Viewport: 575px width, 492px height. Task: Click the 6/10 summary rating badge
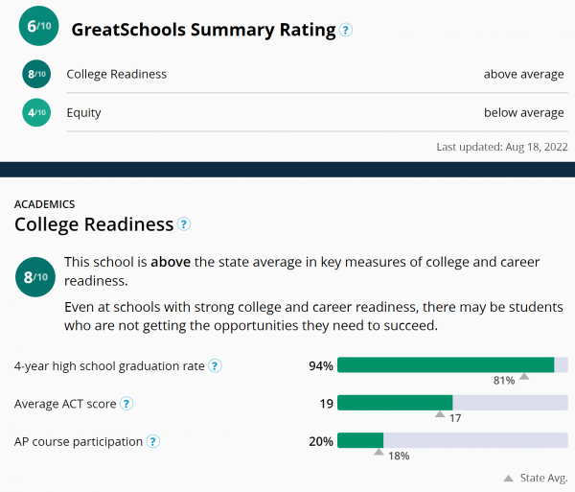[38, 28]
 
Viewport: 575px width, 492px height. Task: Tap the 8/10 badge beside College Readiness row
[36, 75]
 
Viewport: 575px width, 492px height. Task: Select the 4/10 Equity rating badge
[36, 113]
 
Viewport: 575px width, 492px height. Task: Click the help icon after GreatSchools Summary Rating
[346, 30]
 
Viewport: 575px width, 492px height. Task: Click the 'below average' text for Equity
[524, 113]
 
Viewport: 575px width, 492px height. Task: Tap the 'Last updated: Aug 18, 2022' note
[502, 147]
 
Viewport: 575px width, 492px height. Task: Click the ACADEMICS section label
[45, 204]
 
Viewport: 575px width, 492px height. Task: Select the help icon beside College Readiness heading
[184, 225]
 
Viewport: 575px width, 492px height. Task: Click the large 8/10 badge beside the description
[34, 279]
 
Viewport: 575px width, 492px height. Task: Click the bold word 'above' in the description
[170, 262]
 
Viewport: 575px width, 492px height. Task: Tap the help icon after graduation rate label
[216, 365]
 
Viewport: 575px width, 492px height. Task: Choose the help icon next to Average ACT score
[126, 404]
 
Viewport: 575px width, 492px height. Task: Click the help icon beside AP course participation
[152, 442]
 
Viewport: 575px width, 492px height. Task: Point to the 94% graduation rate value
[320, 365]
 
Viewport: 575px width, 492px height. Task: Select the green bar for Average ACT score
[395, 403]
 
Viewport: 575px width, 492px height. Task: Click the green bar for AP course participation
[360, 441]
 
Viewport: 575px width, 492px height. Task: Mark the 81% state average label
[504, 381]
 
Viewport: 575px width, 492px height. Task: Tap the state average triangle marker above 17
[440, 414]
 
